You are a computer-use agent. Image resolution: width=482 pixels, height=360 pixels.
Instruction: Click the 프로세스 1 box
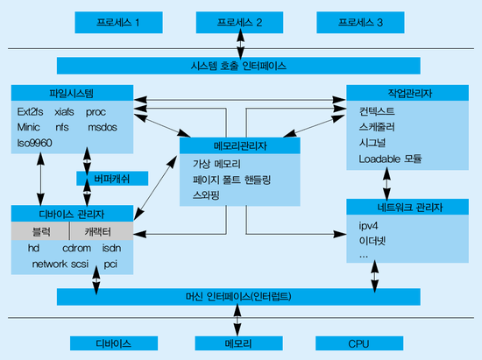click(x=118, y=23)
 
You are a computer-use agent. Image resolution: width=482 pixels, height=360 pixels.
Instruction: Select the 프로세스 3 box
click(x=360, y=23)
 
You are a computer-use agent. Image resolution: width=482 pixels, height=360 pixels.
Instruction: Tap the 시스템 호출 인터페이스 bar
click(x=238, y=66)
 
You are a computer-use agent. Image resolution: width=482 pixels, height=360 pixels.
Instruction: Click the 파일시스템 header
click(x=72, y=93)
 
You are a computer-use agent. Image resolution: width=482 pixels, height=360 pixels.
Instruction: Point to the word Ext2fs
click(x=30, y=112)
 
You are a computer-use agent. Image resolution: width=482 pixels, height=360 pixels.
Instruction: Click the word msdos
click(x=103, y=127)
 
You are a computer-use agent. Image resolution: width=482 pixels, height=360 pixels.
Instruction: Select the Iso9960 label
click(x=34, y=143)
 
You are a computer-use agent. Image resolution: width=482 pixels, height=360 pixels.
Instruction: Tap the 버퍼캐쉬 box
click(x=112, y=179)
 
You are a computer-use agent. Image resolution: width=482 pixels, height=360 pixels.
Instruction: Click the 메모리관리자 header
click(x=240, y=145)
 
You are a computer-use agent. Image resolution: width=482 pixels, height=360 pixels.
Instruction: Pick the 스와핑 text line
click(x=206, y=195)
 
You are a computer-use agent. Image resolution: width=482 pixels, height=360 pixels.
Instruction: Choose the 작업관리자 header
click(x=408, y=93)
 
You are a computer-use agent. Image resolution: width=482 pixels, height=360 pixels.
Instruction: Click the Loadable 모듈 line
click(x=390, y=159)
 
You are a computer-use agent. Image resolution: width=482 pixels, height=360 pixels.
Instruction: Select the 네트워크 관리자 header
click(x=408, y=207)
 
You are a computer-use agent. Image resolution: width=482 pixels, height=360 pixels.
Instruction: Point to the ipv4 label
click(x=368, y=226)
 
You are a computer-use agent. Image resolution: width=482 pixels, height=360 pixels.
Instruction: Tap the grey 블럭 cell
click(x=40, y=231)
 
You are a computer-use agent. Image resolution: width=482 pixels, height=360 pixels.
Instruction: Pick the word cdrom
click(x=76, y=248)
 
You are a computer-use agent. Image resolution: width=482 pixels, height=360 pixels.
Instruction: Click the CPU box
click(x=359, y=343)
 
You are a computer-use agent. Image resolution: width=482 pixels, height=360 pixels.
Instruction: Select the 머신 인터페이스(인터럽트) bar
click(x=238, y=297)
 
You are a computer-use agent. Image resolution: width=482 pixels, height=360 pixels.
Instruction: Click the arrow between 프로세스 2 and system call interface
click(x=240, y=44)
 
